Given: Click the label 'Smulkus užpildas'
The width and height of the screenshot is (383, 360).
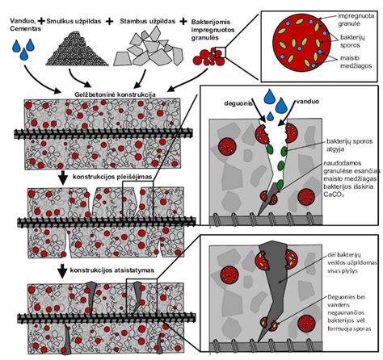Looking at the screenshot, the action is click(74, 21).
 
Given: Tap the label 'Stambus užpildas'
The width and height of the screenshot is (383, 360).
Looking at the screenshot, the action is click(148, 21).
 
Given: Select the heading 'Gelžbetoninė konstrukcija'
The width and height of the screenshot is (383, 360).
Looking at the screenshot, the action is click(115, 94).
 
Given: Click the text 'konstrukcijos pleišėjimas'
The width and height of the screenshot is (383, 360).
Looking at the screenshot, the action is click(112, 177).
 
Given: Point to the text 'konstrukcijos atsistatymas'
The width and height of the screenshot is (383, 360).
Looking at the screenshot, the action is click(112, 270).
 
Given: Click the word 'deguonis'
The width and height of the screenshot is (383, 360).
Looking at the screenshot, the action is click(238, 103).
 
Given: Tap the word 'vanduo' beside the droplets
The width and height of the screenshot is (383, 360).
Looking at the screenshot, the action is click(308, 102).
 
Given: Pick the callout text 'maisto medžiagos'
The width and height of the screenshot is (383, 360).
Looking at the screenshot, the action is click(356, 62).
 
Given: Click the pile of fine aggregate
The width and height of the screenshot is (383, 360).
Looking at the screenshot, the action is click(77, 49).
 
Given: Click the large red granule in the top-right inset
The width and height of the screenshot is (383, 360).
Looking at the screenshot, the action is click(301, 43).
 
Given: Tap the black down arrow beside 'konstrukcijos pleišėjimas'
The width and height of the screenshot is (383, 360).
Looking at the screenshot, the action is click(63, 178).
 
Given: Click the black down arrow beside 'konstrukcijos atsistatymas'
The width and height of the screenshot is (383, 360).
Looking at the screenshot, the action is click(63, 270).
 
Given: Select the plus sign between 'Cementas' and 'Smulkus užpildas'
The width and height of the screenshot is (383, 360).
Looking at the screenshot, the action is click(41, 20).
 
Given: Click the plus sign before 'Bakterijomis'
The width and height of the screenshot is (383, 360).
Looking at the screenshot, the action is click(183, 21).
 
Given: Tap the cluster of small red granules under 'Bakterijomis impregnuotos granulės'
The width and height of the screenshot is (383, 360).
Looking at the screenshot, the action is click(209, 57).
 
